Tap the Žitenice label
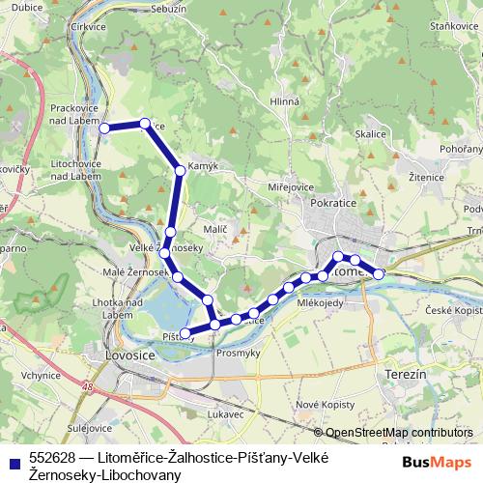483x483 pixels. click(427, 179)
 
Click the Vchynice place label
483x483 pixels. click(40, 374)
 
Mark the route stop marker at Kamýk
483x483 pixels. click(180, 171)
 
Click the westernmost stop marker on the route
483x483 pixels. click(102, 128)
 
